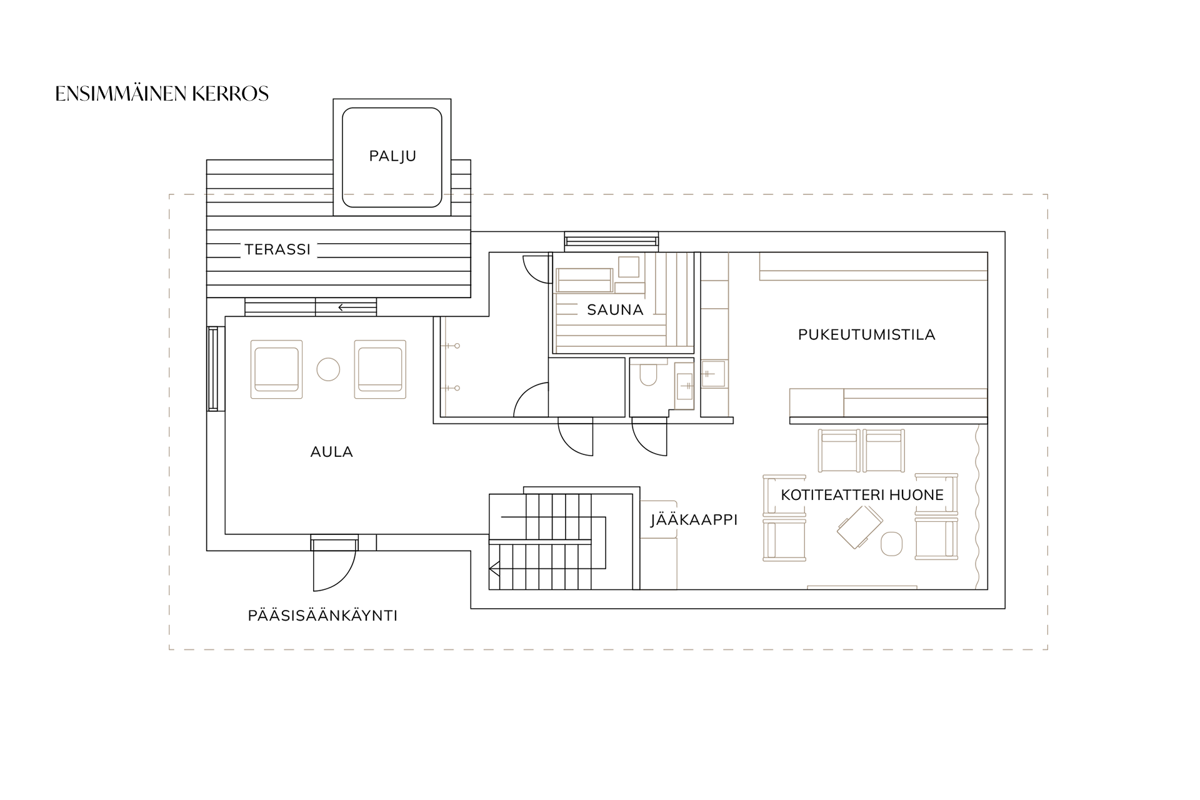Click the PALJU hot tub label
point(392,156)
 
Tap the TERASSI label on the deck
point(277,250)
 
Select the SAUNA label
point(615,310)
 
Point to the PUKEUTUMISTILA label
point(866,335)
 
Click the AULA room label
point(331,452)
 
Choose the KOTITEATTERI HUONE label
point(862,496)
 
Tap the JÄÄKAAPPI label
point(694,520)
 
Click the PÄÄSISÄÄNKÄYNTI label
point(322,616)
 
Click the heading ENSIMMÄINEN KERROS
point(162,94)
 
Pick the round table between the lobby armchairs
point(328,369)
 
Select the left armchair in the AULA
point(276,369)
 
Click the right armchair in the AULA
point(380,369)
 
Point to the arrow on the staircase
point(495,569)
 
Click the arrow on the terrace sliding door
point(344,307)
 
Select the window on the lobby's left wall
point(213,369)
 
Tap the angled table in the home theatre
point(859,526)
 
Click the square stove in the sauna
point(629,267)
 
